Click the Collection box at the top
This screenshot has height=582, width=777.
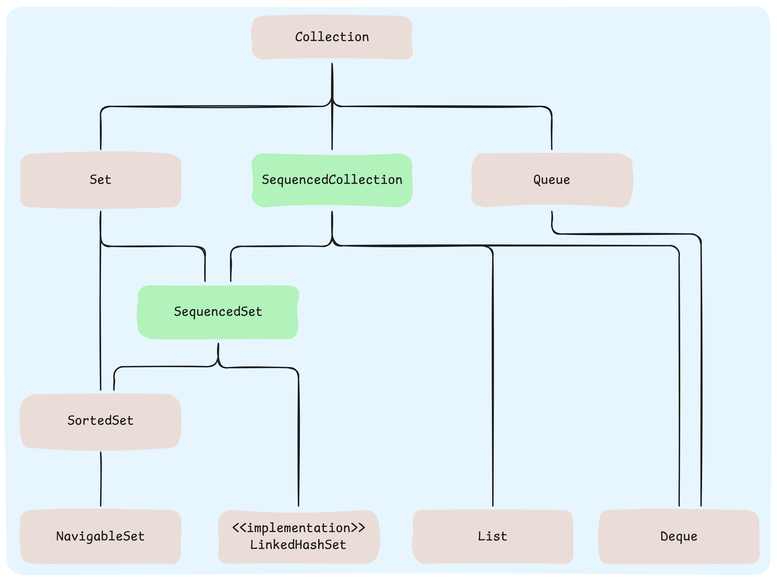[x=332, y=37]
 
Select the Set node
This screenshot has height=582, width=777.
[x=100, y=180]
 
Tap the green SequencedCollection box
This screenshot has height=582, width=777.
[x=332, y=180]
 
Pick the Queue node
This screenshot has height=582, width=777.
[x=552, y=180]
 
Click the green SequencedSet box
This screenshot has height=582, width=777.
[x=218, y=312]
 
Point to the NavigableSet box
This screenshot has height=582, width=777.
[x=100, y=536]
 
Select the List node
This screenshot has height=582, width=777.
[x=492, y=536]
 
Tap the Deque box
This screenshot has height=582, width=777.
[x=679, y=536]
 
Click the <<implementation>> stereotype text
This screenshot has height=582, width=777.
[x=299, y=528]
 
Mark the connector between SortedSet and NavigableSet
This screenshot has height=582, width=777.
[x=101, y=479]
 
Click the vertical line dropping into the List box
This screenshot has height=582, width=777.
[x=493, y=386]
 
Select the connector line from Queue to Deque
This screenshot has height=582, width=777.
[x=701, y=386]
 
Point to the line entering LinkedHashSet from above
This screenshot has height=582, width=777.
[x=299, y=439]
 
